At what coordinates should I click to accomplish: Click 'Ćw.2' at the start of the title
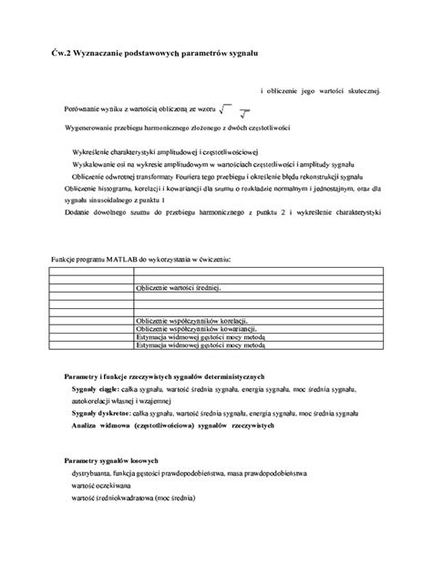(59, 56)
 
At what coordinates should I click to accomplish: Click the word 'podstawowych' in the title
(156, 56)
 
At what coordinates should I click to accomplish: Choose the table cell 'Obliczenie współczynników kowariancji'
(193, 330)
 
